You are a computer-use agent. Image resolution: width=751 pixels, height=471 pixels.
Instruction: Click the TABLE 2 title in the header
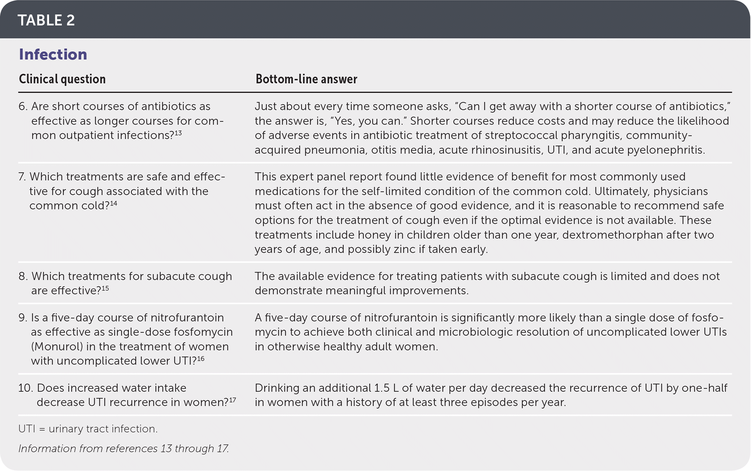(x=46, y=21)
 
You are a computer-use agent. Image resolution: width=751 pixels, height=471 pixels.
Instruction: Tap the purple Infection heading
(x=53, y=55)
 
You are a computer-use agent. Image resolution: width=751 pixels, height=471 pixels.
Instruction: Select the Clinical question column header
(x=62, y=79)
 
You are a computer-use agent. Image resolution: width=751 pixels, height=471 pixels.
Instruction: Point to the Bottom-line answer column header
(x=306, y=79)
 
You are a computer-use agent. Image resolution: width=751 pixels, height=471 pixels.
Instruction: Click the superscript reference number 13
(x=178, y=133)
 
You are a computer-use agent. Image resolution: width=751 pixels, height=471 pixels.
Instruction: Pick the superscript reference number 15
(x=105, y=288)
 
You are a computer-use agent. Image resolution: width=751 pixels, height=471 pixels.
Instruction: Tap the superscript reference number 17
(x=232, y=400)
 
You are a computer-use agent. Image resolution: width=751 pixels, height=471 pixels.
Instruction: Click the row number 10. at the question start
(x=26, y=388)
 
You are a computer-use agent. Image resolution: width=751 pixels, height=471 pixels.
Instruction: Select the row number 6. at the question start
(x=23, y=107)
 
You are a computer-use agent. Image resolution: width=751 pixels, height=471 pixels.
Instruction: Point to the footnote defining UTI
(x=88, y=429)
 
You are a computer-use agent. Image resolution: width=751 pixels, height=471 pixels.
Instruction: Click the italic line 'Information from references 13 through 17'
(x=123, y=449)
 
